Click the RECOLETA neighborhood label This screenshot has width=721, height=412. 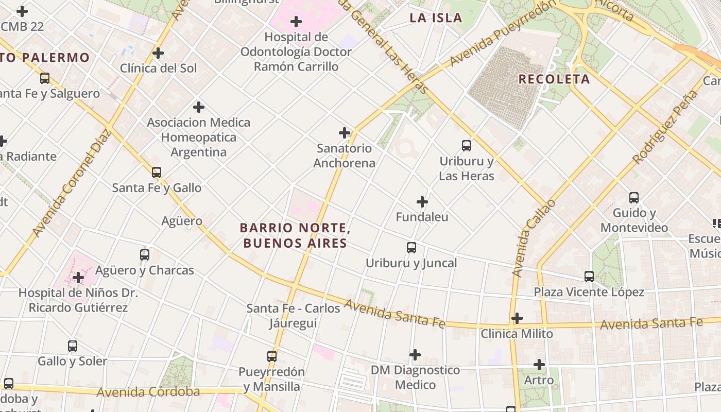click(x=554, y=79)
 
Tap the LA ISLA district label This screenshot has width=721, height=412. click(x=436, y=18)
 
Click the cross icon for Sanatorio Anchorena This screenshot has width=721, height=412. click(x=345, y=133)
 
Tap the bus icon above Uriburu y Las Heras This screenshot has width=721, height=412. click(x=467, y=146)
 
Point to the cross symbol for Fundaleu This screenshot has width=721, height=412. click(x=422, y=201)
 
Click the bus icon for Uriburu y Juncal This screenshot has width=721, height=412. click(x=411, y=248)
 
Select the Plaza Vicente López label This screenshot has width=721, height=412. click(x=589, y=293)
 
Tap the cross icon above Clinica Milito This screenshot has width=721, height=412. click(x=517, y=318)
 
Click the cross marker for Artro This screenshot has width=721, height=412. click(x=539, y=365)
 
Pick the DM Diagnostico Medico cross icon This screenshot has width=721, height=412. click(x=415, y=355)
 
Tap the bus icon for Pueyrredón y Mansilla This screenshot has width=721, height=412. click(x=272, y=356)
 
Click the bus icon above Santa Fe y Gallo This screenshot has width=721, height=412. click(x=157, y=173)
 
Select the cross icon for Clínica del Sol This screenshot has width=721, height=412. click(x=158, y=53)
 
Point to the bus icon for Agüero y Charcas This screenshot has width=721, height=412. click(x=145, y=255)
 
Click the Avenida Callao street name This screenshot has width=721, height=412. click(x=534, y=238)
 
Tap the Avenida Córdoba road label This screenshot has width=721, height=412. click(x=148, y=392)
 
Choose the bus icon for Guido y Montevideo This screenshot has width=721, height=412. click(x=634, y=198)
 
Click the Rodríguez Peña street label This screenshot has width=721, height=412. click(x=666, y=127)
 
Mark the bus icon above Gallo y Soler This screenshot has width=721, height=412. click(x=73, y=346)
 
